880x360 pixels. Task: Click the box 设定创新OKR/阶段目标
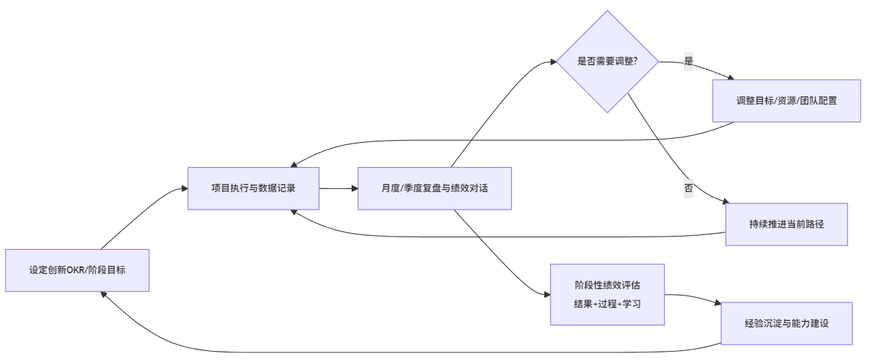pos(77,271)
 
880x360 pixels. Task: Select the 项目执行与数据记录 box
pos(253,188)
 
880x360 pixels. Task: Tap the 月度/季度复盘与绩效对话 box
pos(434,188)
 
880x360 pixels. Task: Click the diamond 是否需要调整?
pos(607,62)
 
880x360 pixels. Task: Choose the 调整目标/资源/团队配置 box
pos(786,101)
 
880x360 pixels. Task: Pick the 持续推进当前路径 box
pos(786,224)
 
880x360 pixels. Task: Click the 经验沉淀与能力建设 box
pos(786,323)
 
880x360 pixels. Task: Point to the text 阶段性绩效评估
pos(607,286)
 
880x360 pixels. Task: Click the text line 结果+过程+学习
pos(607,303)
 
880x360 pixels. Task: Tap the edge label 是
pos(689,61)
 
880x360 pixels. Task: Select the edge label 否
pos(689,187)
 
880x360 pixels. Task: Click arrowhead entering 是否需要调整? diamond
pos(553,62)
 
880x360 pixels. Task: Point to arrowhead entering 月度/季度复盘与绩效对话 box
pos(354,188)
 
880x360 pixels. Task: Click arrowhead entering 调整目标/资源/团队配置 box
pos(730,78)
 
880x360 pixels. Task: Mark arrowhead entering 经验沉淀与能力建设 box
pos(718,303)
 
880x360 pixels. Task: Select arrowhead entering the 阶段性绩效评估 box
pos(546,295)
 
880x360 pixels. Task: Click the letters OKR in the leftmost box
pos(74,271)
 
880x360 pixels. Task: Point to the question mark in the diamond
pos(635,62)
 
